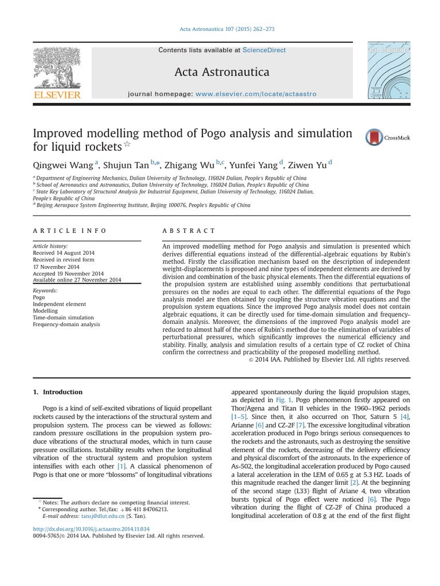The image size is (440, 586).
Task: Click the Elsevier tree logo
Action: (57, 68)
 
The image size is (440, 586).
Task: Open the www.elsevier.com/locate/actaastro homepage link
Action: (256, 93)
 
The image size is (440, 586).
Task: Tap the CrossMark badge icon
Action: (375, 137)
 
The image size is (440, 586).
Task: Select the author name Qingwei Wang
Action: (64, 165)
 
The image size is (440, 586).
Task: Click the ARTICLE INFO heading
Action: (70, 231)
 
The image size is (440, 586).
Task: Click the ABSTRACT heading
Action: (189, 231)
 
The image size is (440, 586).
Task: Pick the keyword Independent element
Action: (60, 304)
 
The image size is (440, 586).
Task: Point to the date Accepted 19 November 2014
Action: (68, 273)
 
